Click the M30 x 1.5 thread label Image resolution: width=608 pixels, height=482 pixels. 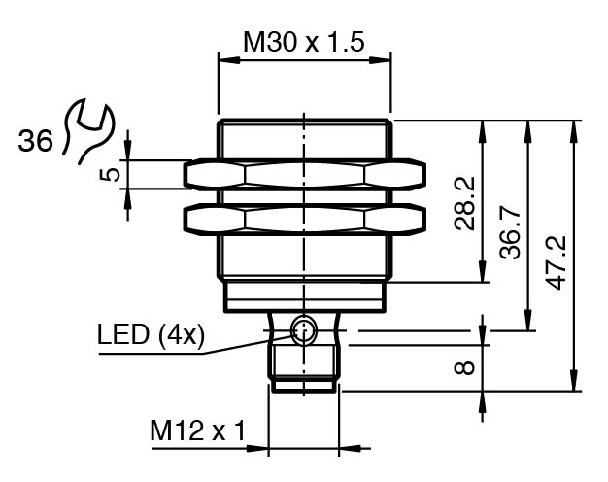click(303, 42)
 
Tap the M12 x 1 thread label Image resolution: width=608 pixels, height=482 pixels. click(195, 429)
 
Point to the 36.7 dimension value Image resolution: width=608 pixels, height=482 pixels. click(512, 238)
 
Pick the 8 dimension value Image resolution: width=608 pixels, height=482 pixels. click(465, 367)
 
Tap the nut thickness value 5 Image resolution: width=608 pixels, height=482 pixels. click(111, 174)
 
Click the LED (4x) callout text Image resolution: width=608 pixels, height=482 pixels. click(151, 336)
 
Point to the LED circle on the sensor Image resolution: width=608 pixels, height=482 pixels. click(304, 330)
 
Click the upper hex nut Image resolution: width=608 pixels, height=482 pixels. click(304, 174)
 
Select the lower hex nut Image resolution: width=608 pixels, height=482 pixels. click(304, 219)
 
